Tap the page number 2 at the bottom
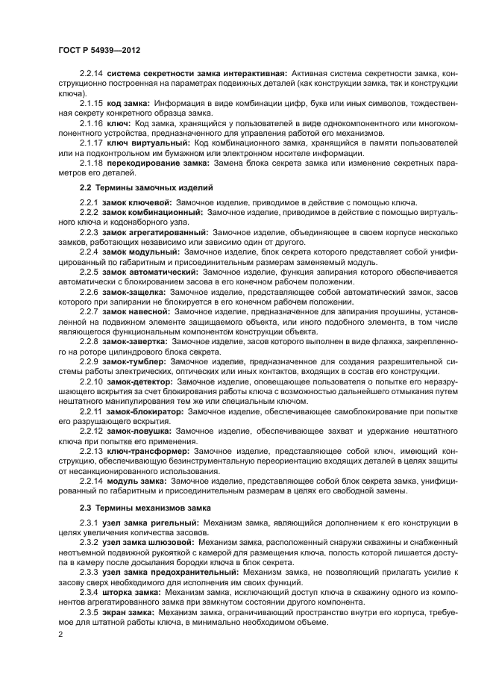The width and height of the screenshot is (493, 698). (60, 635)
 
